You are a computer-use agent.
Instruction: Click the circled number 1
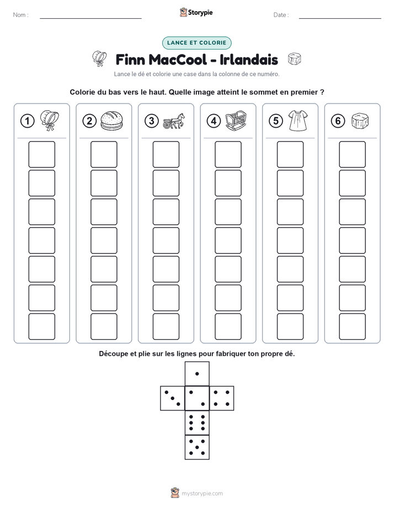coord(27,121)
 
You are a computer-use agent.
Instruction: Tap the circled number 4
coord(214,121)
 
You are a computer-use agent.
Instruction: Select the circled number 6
coord(338,121)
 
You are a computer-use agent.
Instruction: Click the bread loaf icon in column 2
coord(112,121)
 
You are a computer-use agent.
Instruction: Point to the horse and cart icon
coord(174,121)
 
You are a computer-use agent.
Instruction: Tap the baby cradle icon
coord(236,121)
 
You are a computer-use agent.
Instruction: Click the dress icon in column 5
coord(298,121)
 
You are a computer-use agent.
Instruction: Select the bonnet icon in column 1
coord(50,121)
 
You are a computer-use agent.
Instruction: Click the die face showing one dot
coord(197,374)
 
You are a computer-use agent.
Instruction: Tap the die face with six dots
coord(197,423)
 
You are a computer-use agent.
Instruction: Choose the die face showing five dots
coord(197,447)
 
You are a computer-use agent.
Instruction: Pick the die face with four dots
coord(222,398)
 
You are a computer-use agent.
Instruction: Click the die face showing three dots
coord(173,398)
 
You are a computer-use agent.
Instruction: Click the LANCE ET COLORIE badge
coord(196,43)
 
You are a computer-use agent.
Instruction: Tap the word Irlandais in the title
coord(249,59)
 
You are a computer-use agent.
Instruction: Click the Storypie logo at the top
coord(196,13)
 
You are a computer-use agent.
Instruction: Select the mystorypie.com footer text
coord(202,494)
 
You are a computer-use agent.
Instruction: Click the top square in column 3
coord(166,154)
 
